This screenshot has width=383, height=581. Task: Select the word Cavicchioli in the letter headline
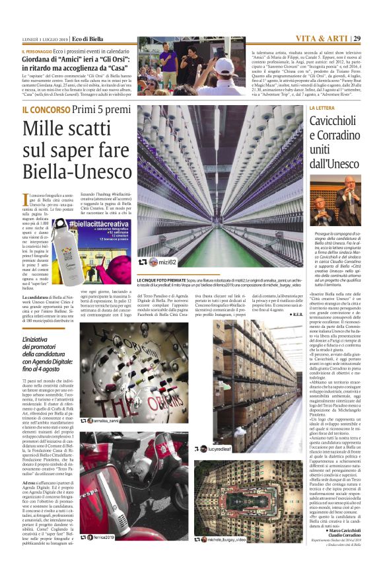[x=343, y=120]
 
